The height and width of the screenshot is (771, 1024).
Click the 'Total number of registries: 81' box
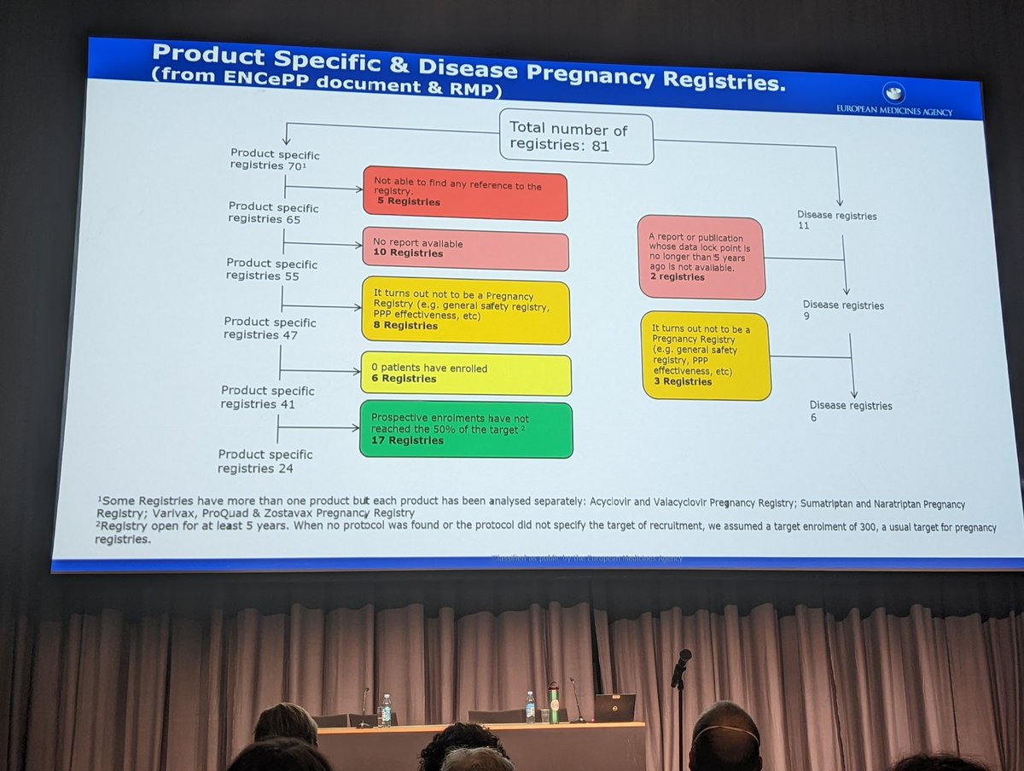click(x=576, y=136)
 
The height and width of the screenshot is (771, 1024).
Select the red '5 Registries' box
click(x=464, y=194)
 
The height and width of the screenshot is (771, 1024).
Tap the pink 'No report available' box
click(x=465, y=248)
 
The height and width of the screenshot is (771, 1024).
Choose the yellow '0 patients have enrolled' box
click(x=465, y=373)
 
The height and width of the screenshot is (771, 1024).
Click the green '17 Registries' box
click(x=465, y=429)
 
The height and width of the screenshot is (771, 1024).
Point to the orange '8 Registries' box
click(x=465, y=311)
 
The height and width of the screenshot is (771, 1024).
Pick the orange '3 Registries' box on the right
click(x=706, y=356)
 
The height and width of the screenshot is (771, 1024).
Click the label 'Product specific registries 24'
click(x=265, y=461)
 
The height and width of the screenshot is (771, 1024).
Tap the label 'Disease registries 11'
click(x=835, y=221)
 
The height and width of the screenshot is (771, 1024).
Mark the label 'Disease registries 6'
click(x=850, y=411)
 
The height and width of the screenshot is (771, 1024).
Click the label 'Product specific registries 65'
click(x=273, y=213)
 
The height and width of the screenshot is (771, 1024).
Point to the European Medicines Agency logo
click(x=893, y=94)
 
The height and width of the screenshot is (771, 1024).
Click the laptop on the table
click(x=614, y=708)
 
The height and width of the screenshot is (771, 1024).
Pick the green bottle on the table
click(x=553, y=702)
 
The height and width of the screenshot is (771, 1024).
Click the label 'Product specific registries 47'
click(x=270, y=328)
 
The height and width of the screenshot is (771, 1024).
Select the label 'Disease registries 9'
click(x=842, y=310)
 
